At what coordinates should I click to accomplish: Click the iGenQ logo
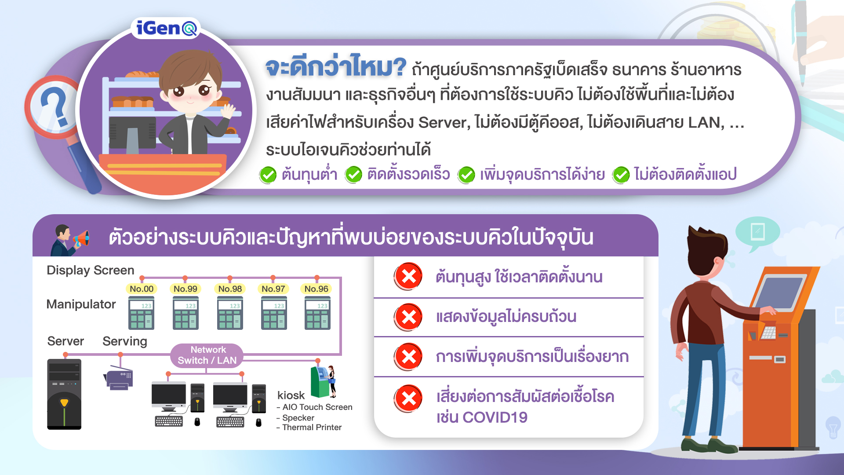pos(166,29)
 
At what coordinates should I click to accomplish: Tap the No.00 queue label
pos(142,289)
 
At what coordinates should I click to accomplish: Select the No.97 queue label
pos(273,289)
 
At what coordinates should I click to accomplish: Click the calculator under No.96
pos(317,313)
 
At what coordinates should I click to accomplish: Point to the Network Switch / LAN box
pos(207,355)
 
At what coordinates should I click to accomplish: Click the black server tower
pos(64,394)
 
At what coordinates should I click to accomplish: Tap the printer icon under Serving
pos(118,377)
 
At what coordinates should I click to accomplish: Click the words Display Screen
pos(90,270)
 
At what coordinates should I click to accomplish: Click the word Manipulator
pos(81,304)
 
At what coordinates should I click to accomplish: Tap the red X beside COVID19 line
pos(408,398)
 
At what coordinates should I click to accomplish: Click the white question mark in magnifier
pos(55,107)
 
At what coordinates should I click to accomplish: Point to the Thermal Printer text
pos(312,427)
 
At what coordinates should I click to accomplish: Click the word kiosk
pos(291,395)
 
